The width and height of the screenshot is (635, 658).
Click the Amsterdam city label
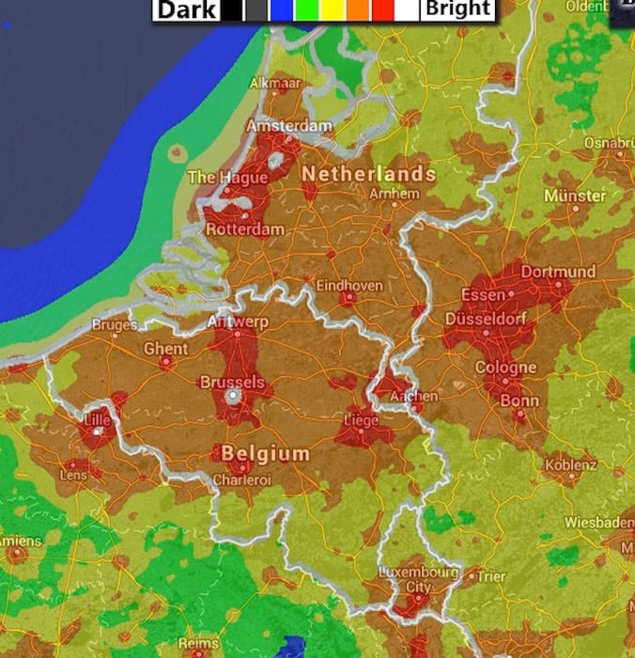pyautogui.click(x=290, y=126)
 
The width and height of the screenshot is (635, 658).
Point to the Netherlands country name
pyautogui.click(x=368, y=174)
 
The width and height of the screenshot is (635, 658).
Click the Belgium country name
pyautogui.click(x=265, y=454)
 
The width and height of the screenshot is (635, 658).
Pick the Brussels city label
pyautogui.click(x=231, y=383)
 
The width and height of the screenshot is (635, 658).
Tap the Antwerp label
pyautogui.click(x=237, y=322)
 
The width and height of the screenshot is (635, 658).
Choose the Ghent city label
pyautogui.click(x=165, y=348)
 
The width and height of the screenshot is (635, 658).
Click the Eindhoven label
pyautogui.click(x=348, y=284)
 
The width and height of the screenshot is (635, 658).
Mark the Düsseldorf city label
pyautogui.click(x=500, y=318)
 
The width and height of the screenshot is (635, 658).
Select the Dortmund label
pyautogui.click(x=558, y=272)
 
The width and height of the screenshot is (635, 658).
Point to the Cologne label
pyautogui.click(x=505, y=368)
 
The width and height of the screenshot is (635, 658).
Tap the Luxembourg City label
pyautogui.click(x=418, y=579)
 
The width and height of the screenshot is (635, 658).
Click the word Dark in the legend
pyautogui.click(x=187, y=10)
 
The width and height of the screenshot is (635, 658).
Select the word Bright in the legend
pyautogui.click(x=457, y=9)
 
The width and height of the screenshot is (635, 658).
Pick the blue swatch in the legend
pyautogui.click(x=280, y=10)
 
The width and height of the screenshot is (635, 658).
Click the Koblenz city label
pyautogui.click(x=570, y=465)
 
